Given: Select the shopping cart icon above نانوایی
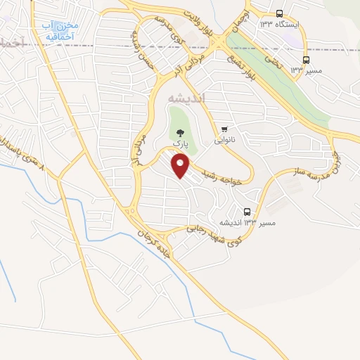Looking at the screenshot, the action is click(224, 128).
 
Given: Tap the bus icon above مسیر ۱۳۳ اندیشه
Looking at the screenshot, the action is click(247, 211).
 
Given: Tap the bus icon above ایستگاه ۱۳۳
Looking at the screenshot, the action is click(280, 13).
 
